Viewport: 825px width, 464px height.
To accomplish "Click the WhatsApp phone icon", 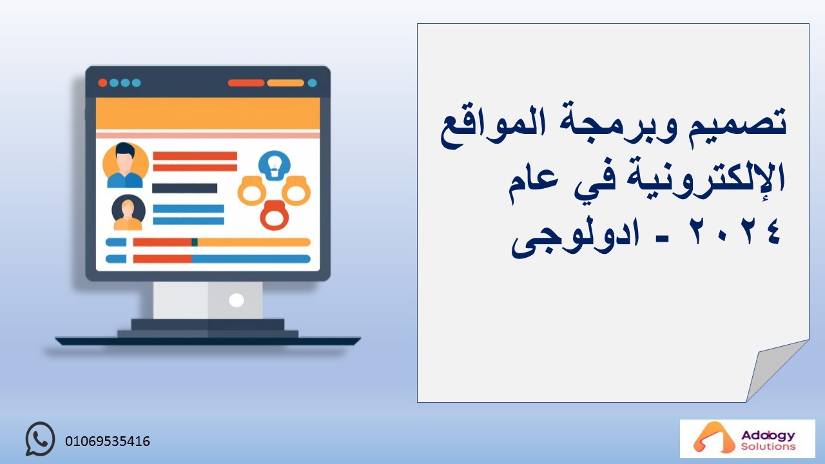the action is point(40,439).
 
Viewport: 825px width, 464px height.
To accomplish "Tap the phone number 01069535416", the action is point(108,441).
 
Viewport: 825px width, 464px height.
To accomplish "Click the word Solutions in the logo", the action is point(768,447).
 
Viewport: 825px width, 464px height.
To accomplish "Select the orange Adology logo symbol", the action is point(709,438).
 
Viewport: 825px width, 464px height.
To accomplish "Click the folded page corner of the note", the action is point(774,368).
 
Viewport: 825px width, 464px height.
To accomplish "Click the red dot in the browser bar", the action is point(102,83).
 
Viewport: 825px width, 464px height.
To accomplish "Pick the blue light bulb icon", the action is point(275,166).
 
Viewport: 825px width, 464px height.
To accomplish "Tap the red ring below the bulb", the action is point(275,215).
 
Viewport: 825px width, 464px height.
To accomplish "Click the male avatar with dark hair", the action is point(126,165).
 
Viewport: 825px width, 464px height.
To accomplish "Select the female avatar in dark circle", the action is point(128,213).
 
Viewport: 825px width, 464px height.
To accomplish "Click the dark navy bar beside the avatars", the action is point(184,188).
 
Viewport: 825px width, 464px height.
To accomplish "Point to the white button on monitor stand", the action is point(236,300).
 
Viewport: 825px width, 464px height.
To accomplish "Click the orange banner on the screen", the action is point(208,113).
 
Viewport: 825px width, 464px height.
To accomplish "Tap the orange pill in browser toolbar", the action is point(286,83).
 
